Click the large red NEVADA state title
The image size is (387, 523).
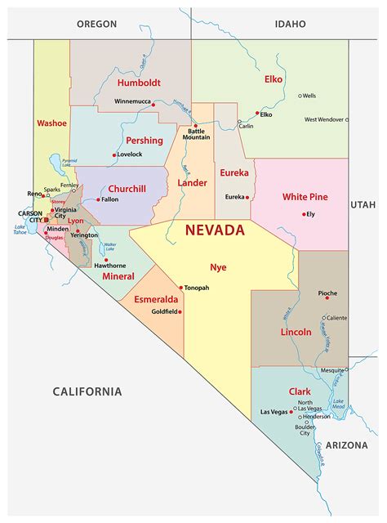tap(215, 230)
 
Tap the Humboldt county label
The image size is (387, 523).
tap(138, 83)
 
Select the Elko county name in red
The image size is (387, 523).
tap(274, 79)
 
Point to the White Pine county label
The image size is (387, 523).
tap(305, 197)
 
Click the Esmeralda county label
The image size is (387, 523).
tap(154, 299)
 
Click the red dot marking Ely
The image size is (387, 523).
tap(302, 214)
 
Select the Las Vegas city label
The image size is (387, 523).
tap(275, 412)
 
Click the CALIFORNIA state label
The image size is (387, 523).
tap(87, 391)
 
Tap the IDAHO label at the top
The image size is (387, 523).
tap(290, 25)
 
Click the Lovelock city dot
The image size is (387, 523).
tap(114, 154)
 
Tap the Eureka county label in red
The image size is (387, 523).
tap(234, 172)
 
